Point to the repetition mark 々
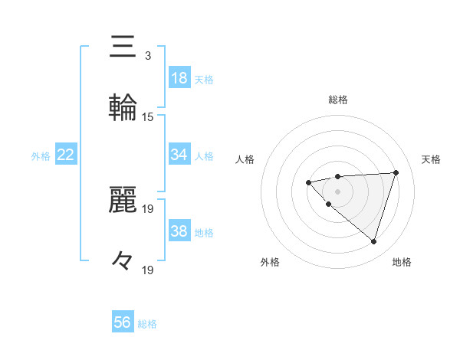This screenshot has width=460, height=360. tap(123, 261)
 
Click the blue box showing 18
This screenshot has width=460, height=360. tap(179, 78)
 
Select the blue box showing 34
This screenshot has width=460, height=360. tap(179, 155)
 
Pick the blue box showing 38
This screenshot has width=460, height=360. tap(179, 231)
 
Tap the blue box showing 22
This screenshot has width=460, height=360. tap(66, 155)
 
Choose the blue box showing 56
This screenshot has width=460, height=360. tap(123, 322)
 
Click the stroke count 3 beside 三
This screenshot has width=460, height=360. tap(147, 56)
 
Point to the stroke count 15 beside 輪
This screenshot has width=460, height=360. tap(148, 117)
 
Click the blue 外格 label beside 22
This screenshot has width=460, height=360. tap(41, 155)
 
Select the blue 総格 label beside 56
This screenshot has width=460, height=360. tap(147, 323)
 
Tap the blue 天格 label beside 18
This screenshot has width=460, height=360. tap(204, 79)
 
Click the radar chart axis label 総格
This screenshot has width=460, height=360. tap(337, 100)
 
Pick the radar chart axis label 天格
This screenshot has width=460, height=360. tap(431, 159)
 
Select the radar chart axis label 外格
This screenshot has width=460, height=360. tap(270, 262)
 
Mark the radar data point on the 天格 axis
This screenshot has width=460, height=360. tap(396, 172)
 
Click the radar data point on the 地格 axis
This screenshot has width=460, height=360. tap(373, 241)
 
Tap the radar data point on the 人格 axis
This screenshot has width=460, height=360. tap(308, 182)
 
